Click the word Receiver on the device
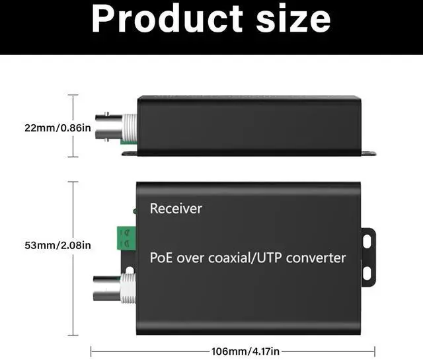[176, 209]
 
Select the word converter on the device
[315, 257]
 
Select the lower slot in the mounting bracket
[368, 272]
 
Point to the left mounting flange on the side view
[129, 153]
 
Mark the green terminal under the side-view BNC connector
[128, 141]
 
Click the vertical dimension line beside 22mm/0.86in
[73, 126]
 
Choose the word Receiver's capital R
[154, 209]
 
